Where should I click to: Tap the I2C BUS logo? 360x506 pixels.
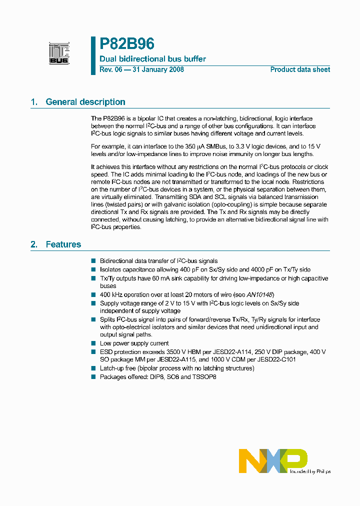click(59, 53)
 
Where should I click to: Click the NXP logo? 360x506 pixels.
click(273, 460)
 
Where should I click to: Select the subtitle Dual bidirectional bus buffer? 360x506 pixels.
click(152, 59)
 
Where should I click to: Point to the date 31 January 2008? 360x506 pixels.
click(157, 69)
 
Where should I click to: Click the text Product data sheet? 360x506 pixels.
click(300, 69)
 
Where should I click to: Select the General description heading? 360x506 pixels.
click(85, 102)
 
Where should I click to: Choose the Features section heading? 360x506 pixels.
click(63, 244)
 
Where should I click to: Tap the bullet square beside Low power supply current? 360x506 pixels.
click(93, 343)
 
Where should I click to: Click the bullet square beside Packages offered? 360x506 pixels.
click(93, 377)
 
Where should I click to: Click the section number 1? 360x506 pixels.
click(34, 102)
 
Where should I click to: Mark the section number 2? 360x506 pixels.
click(34, 244)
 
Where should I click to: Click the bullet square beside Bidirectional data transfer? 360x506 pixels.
click(93, 261)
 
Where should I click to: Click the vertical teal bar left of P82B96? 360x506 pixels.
click(93, 55)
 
